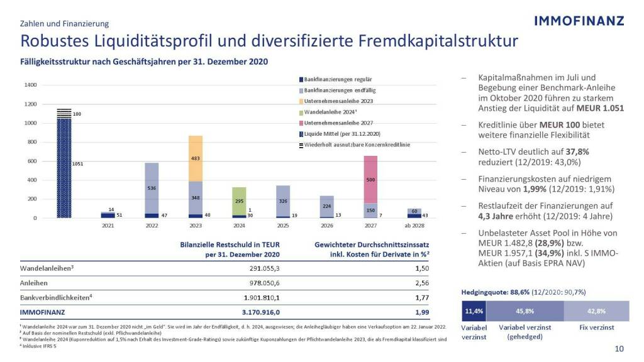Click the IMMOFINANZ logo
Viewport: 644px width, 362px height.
coord(579,21)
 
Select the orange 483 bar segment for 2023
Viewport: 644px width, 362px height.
coord(196,158)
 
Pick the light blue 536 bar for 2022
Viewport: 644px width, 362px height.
coord(152,188)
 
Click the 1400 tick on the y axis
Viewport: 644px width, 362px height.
coord(31,85)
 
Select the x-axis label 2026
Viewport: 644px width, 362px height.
coord(326,224)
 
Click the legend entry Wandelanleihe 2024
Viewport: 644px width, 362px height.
coord(330,112)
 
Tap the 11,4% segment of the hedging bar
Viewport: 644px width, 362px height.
coord(474,311)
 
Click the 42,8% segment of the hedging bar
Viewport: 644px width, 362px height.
coord(596,311)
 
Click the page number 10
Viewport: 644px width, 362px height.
coord(619,349)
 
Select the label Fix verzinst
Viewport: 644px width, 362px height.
coord(596,328)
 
